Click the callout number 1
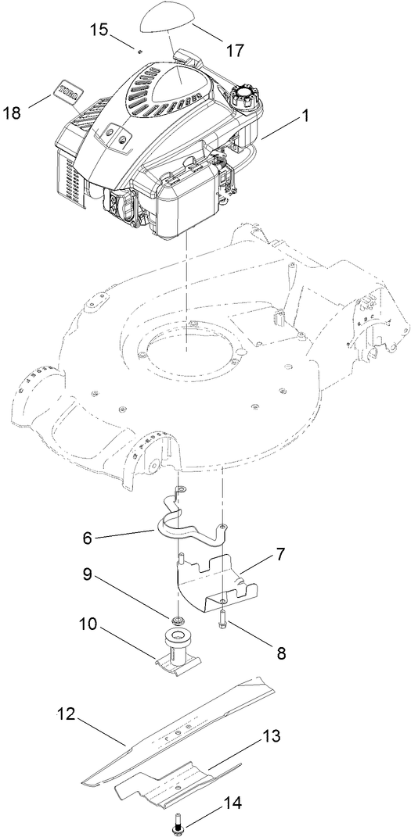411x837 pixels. (x=305, y=116)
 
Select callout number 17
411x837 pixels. (x=235, y=50)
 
